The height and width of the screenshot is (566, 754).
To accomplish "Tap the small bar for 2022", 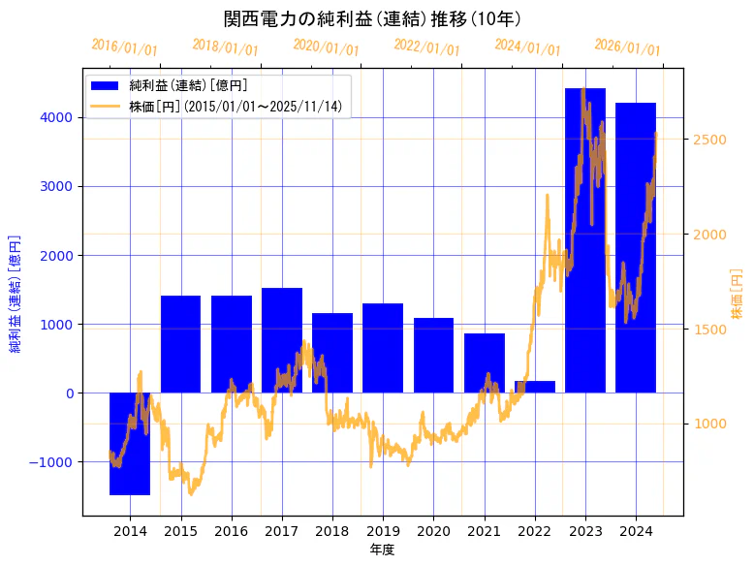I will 534,387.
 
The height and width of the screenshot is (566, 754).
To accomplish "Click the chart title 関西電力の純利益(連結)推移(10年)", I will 372,18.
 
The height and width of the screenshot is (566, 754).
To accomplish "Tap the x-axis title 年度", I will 382,550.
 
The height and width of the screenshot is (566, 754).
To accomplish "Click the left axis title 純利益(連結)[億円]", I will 16,293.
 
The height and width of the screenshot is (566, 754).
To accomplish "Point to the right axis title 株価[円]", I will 737,295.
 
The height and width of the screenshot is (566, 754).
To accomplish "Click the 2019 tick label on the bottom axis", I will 382,531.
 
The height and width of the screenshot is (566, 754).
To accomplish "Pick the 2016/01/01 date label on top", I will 124,47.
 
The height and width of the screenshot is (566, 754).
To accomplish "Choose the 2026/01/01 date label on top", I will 627,47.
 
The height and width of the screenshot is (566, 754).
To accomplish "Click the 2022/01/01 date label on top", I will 426,47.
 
